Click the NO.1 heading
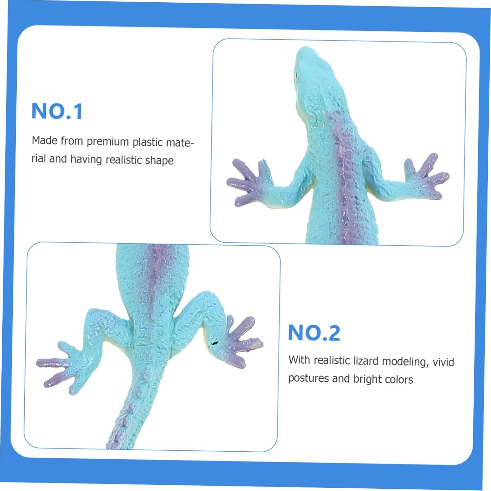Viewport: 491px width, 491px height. pos(57,111)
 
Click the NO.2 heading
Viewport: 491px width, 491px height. pos(314,333)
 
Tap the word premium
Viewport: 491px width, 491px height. pos(108,141)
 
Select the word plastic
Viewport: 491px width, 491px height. pos(148,142)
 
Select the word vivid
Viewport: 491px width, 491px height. pos(443,362)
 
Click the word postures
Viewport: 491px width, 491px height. pos(308,378)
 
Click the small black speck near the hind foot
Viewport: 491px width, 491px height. pos(215,343)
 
